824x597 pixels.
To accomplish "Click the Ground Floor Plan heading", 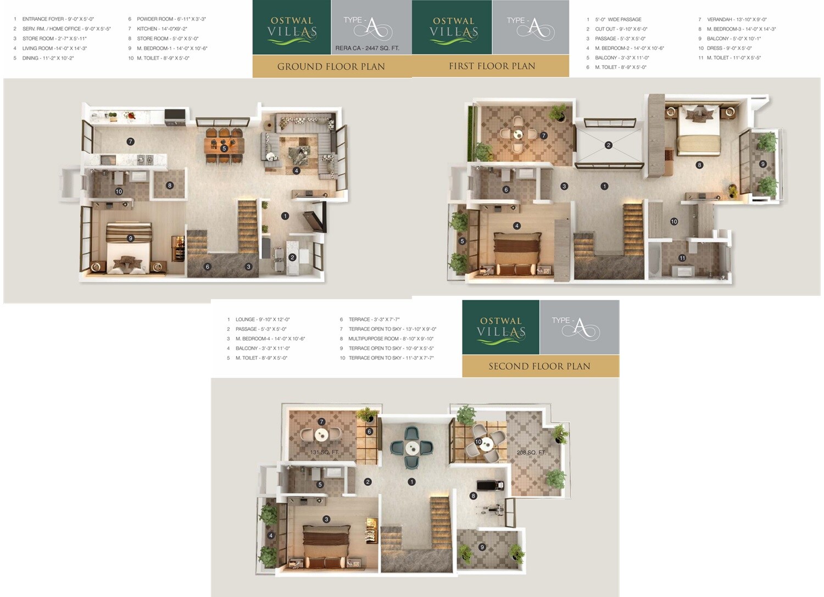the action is click(x=331, y=66).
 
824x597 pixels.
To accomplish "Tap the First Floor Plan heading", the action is click(x=492, y=66).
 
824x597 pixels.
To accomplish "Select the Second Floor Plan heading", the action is click(x=539, y=366).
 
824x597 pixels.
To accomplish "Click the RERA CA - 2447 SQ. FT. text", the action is click(x=367, y=48).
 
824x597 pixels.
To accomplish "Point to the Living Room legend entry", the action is click(x=54, y=48).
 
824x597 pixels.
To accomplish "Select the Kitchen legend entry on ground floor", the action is click(x=162, y=29).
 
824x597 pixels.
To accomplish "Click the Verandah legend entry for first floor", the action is click(x=736, y=19).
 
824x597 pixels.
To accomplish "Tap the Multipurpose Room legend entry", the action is click(x=390, y=339).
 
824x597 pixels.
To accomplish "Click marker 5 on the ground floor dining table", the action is click(x=224, y=149).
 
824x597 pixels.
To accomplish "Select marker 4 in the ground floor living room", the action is click(x=296, y=171).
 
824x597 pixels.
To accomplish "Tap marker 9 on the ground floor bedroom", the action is click(x=130, y=238).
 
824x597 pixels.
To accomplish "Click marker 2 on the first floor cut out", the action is click(x=608, y=145).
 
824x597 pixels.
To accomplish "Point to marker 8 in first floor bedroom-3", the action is click(x=699, y=165).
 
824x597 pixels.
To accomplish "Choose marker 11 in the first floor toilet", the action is click(x=682, y=258).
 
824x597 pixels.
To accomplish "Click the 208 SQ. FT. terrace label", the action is click(x=531, y=453).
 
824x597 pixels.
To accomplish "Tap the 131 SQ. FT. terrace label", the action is click(x=324, y=452).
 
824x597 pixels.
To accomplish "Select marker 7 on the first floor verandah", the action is click(x=543, y=136).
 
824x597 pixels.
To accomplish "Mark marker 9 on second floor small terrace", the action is click(x=482, y=547).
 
